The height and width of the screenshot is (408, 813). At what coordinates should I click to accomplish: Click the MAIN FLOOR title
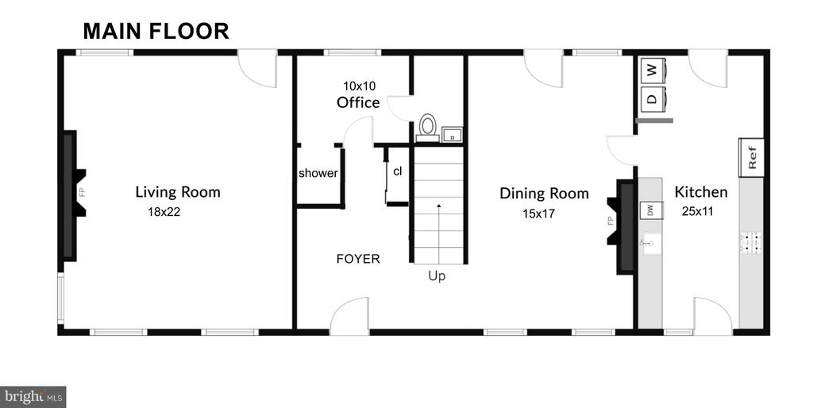[x=156, y=31]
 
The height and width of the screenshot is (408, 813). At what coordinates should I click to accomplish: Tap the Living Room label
[x=178, y=192]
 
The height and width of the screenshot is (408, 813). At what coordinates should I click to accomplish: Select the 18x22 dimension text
[x=164, y=211]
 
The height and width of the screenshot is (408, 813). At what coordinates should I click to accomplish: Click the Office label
[x=358, y=102]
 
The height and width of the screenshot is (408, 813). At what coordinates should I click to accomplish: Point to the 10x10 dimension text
[x=359, y=86]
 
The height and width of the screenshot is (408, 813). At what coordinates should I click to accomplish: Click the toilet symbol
[x=428, y=127]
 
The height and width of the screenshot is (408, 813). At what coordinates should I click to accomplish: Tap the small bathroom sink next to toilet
[x=452, y=135]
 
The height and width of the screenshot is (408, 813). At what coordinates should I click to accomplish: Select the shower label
[x=318, y=173]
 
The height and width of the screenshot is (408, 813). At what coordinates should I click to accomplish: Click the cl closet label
[x=397, y=171]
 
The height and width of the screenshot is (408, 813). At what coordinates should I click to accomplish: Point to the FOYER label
[x=358, y=259]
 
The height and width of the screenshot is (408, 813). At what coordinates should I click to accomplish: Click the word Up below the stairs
[x=437, y=276]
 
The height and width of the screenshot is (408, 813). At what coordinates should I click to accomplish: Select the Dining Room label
[x=544, y=194]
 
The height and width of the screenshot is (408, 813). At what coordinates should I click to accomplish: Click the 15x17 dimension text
[x=539, y=213]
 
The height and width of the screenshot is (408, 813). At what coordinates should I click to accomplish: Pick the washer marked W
[x=653, y=71]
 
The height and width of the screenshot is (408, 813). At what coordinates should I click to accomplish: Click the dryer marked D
[x=653, y=98]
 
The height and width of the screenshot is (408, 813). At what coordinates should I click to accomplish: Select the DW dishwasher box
[x=650, y=210]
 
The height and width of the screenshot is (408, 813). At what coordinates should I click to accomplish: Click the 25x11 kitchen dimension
[x=697, y=211]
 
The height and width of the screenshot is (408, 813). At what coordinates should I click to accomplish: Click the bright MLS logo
[x=33, y=397]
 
